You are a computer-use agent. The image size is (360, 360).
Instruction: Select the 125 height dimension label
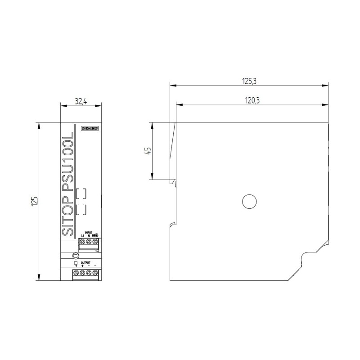click(x=34, y=201)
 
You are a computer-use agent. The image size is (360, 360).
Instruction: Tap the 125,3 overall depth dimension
click(x=249, y=81)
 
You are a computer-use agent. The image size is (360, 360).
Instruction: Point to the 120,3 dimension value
click(x=252, y=101)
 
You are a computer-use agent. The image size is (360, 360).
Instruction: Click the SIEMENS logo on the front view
click(x=89, y=129)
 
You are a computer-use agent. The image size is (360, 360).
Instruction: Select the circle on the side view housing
click(x=249, y=202)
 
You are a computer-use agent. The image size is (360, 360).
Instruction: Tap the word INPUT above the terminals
click(x=89, y=232)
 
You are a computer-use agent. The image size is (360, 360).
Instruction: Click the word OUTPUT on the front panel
click(x=85, y=262)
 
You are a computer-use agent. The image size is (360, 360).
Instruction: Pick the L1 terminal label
click(x=82, y=236)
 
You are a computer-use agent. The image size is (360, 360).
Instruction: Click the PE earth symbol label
click(x=96, y=235)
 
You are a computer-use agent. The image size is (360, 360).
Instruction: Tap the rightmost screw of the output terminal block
click(x=95, y=273)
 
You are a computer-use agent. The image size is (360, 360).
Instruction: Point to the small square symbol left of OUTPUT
click(x=76, y=263)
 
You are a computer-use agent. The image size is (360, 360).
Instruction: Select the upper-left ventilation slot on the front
click(x=77, y=193)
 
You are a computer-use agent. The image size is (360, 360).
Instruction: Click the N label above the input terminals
click(x=89, y=236)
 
